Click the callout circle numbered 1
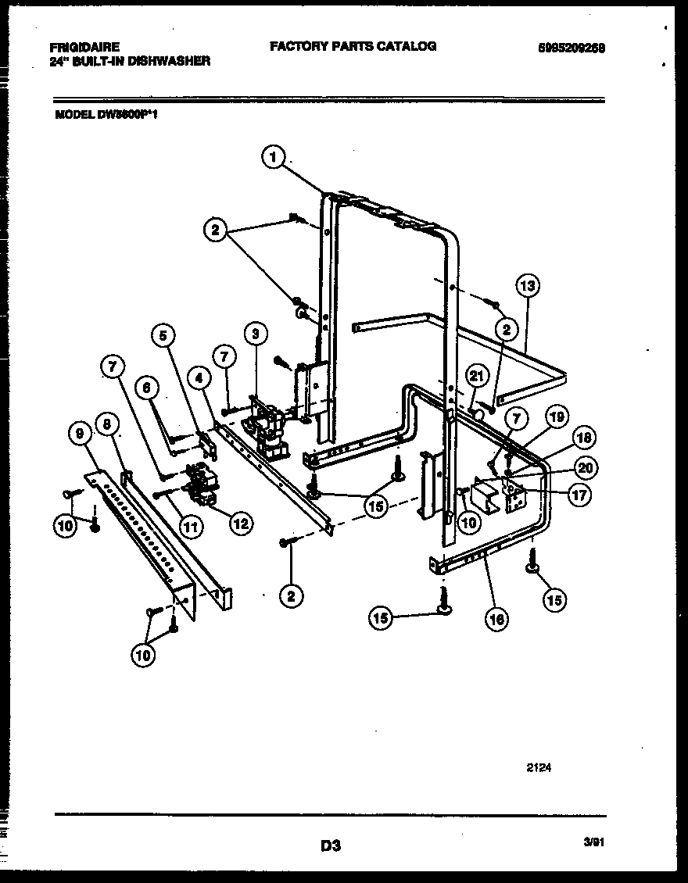(271, 159)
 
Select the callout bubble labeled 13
(528, 286)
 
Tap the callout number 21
(476, 377)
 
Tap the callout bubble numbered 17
(579, 494)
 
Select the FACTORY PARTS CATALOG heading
(353, 46)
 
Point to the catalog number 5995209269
(572, 48)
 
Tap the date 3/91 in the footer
(594, 842)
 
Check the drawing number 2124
(539, 768)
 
